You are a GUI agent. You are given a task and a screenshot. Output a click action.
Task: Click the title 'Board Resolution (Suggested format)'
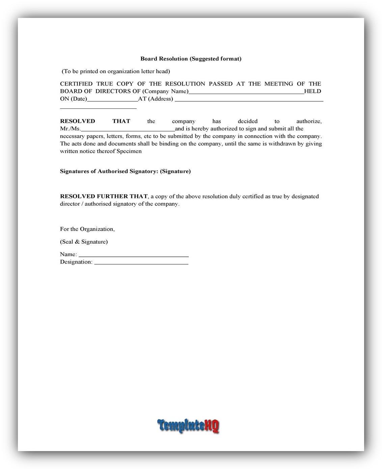pyautogui.click(x=191, y=59)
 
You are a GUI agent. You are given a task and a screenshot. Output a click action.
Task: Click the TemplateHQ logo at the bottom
pyautogui.click(x=188, y=425)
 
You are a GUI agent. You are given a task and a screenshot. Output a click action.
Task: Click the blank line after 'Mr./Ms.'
pyautogui.click(x=128, y=129)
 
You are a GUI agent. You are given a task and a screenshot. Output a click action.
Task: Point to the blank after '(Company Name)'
pyautogui.click(x=246, y=92)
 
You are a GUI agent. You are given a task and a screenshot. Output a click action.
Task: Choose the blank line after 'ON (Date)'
pyautogui.click(x=112, y=100)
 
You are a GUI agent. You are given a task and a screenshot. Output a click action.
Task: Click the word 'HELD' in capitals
pyautogui.click(x=312, y=91)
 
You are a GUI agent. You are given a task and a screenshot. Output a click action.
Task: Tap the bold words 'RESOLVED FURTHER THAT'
pyautogui.click(x=104, y=196)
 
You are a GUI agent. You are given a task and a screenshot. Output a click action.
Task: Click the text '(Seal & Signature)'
pyautogui.click(x=84, y=242)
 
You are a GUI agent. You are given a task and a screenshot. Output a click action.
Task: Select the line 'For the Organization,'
pyautogui.click(x=87, y=229)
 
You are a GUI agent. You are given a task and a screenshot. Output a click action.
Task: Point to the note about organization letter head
pyautogui.click(x=116, y=71)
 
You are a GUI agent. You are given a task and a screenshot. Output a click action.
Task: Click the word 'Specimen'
pyautogui.click(x=129, y=151)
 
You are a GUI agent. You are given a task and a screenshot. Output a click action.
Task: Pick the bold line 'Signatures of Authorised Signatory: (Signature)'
pyautogui.click(x=125, y=171)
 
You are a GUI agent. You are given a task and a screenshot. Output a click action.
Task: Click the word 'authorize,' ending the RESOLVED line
pyautogui.click(x=309, y=121)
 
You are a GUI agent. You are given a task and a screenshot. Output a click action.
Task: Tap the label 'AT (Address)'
pyautogui.click(x=156, y=99)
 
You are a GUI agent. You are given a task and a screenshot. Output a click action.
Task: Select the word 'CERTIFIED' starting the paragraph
pyautogui.click(x=76, y=84)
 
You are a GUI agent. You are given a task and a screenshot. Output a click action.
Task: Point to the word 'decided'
pyautogui.click(x=247, y=121)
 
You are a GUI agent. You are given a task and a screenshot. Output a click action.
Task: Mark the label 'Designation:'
pyautogui.click(x=76, y=262)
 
